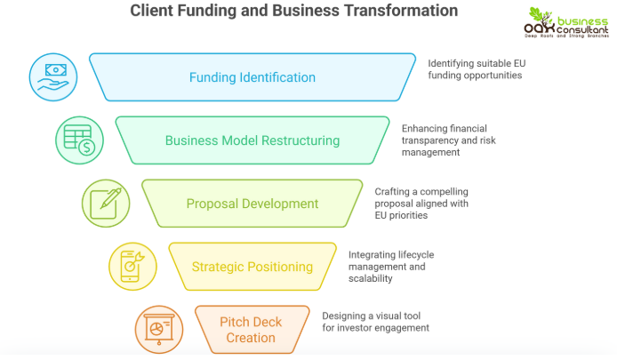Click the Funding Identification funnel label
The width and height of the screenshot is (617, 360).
pyautogui.click(x=252, y=77)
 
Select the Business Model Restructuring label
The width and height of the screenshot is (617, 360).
pyautogui.click(x=252, y=140)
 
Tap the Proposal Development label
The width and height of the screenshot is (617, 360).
pyautogui.click(x=252, y=204)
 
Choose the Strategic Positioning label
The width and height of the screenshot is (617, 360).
pyautogui.click(x=252, y=267)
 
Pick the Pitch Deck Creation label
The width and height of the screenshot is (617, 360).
pyautogui.click(x=252, y=329)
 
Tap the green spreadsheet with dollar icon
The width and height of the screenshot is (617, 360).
pyautogui.click(x=79, y=140)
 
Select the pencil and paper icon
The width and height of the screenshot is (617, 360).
pyautogui.click(x=106, y=203)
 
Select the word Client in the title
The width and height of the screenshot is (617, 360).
pyautogui.click(x=154, y=12)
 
